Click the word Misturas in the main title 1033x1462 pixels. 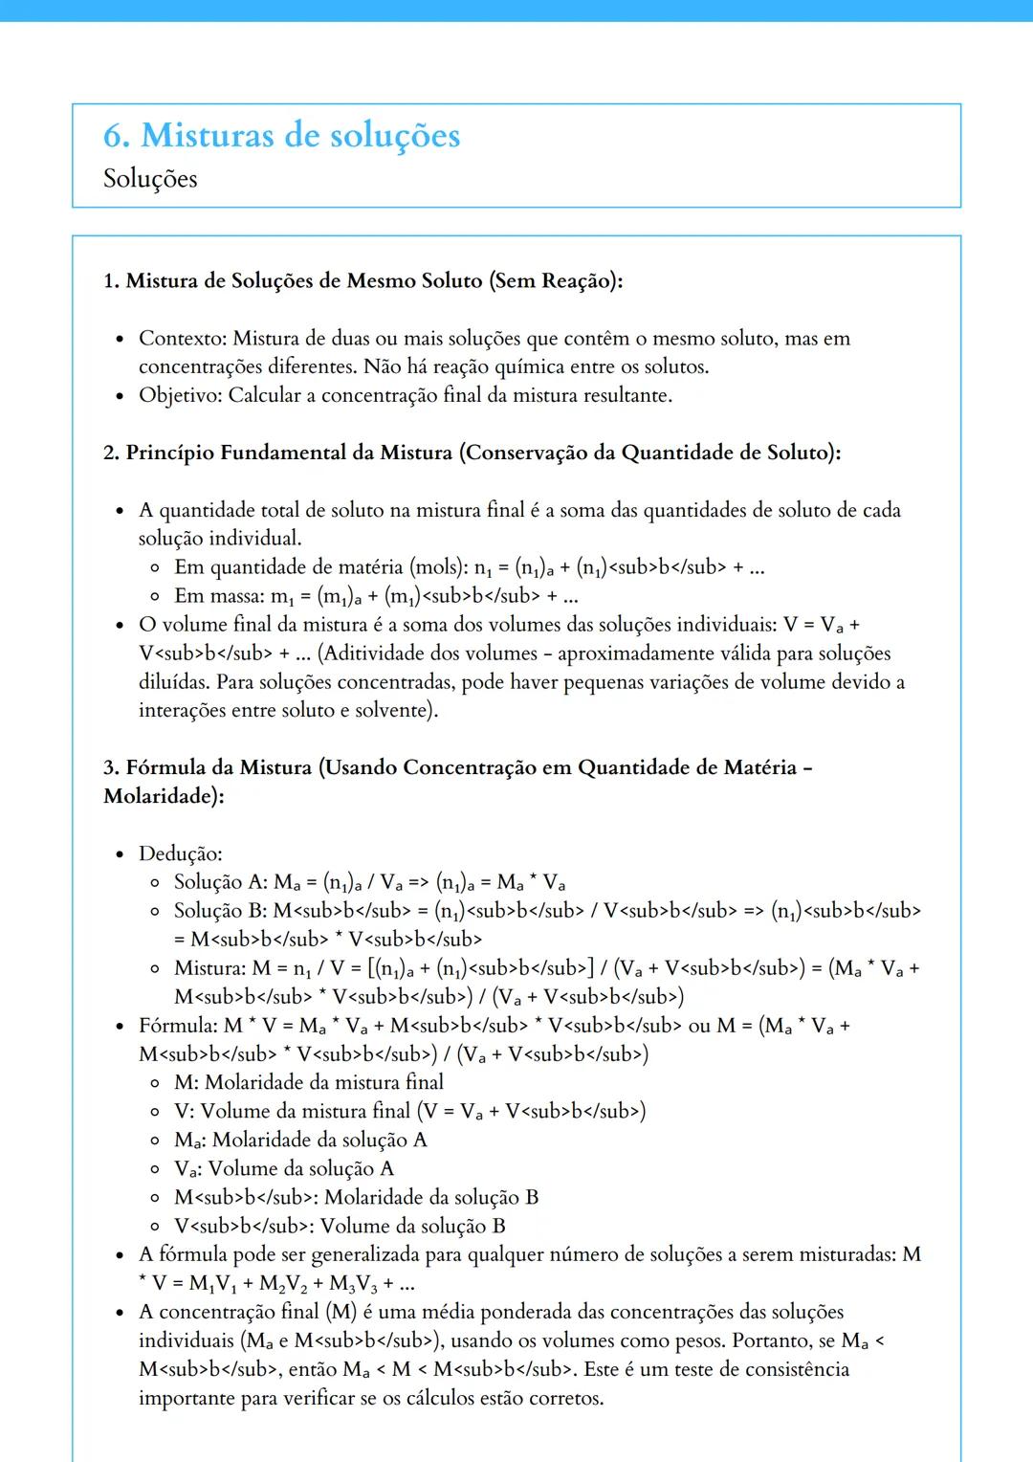pos(206,136)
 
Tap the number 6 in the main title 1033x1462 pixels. pos(115,136)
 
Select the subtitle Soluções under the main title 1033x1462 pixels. pos(150,179)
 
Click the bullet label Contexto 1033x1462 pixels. pos(182,339)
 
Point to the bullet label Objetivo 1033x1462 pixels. pos(180,396)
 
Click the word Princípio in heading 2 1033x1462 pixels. pos(169,453)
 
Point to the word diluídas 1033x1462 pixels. pos(173,682)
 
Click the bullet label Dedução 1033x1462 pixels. pos(179,853)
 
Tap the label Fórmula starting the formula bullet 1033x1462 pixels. pos(177,1026)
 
